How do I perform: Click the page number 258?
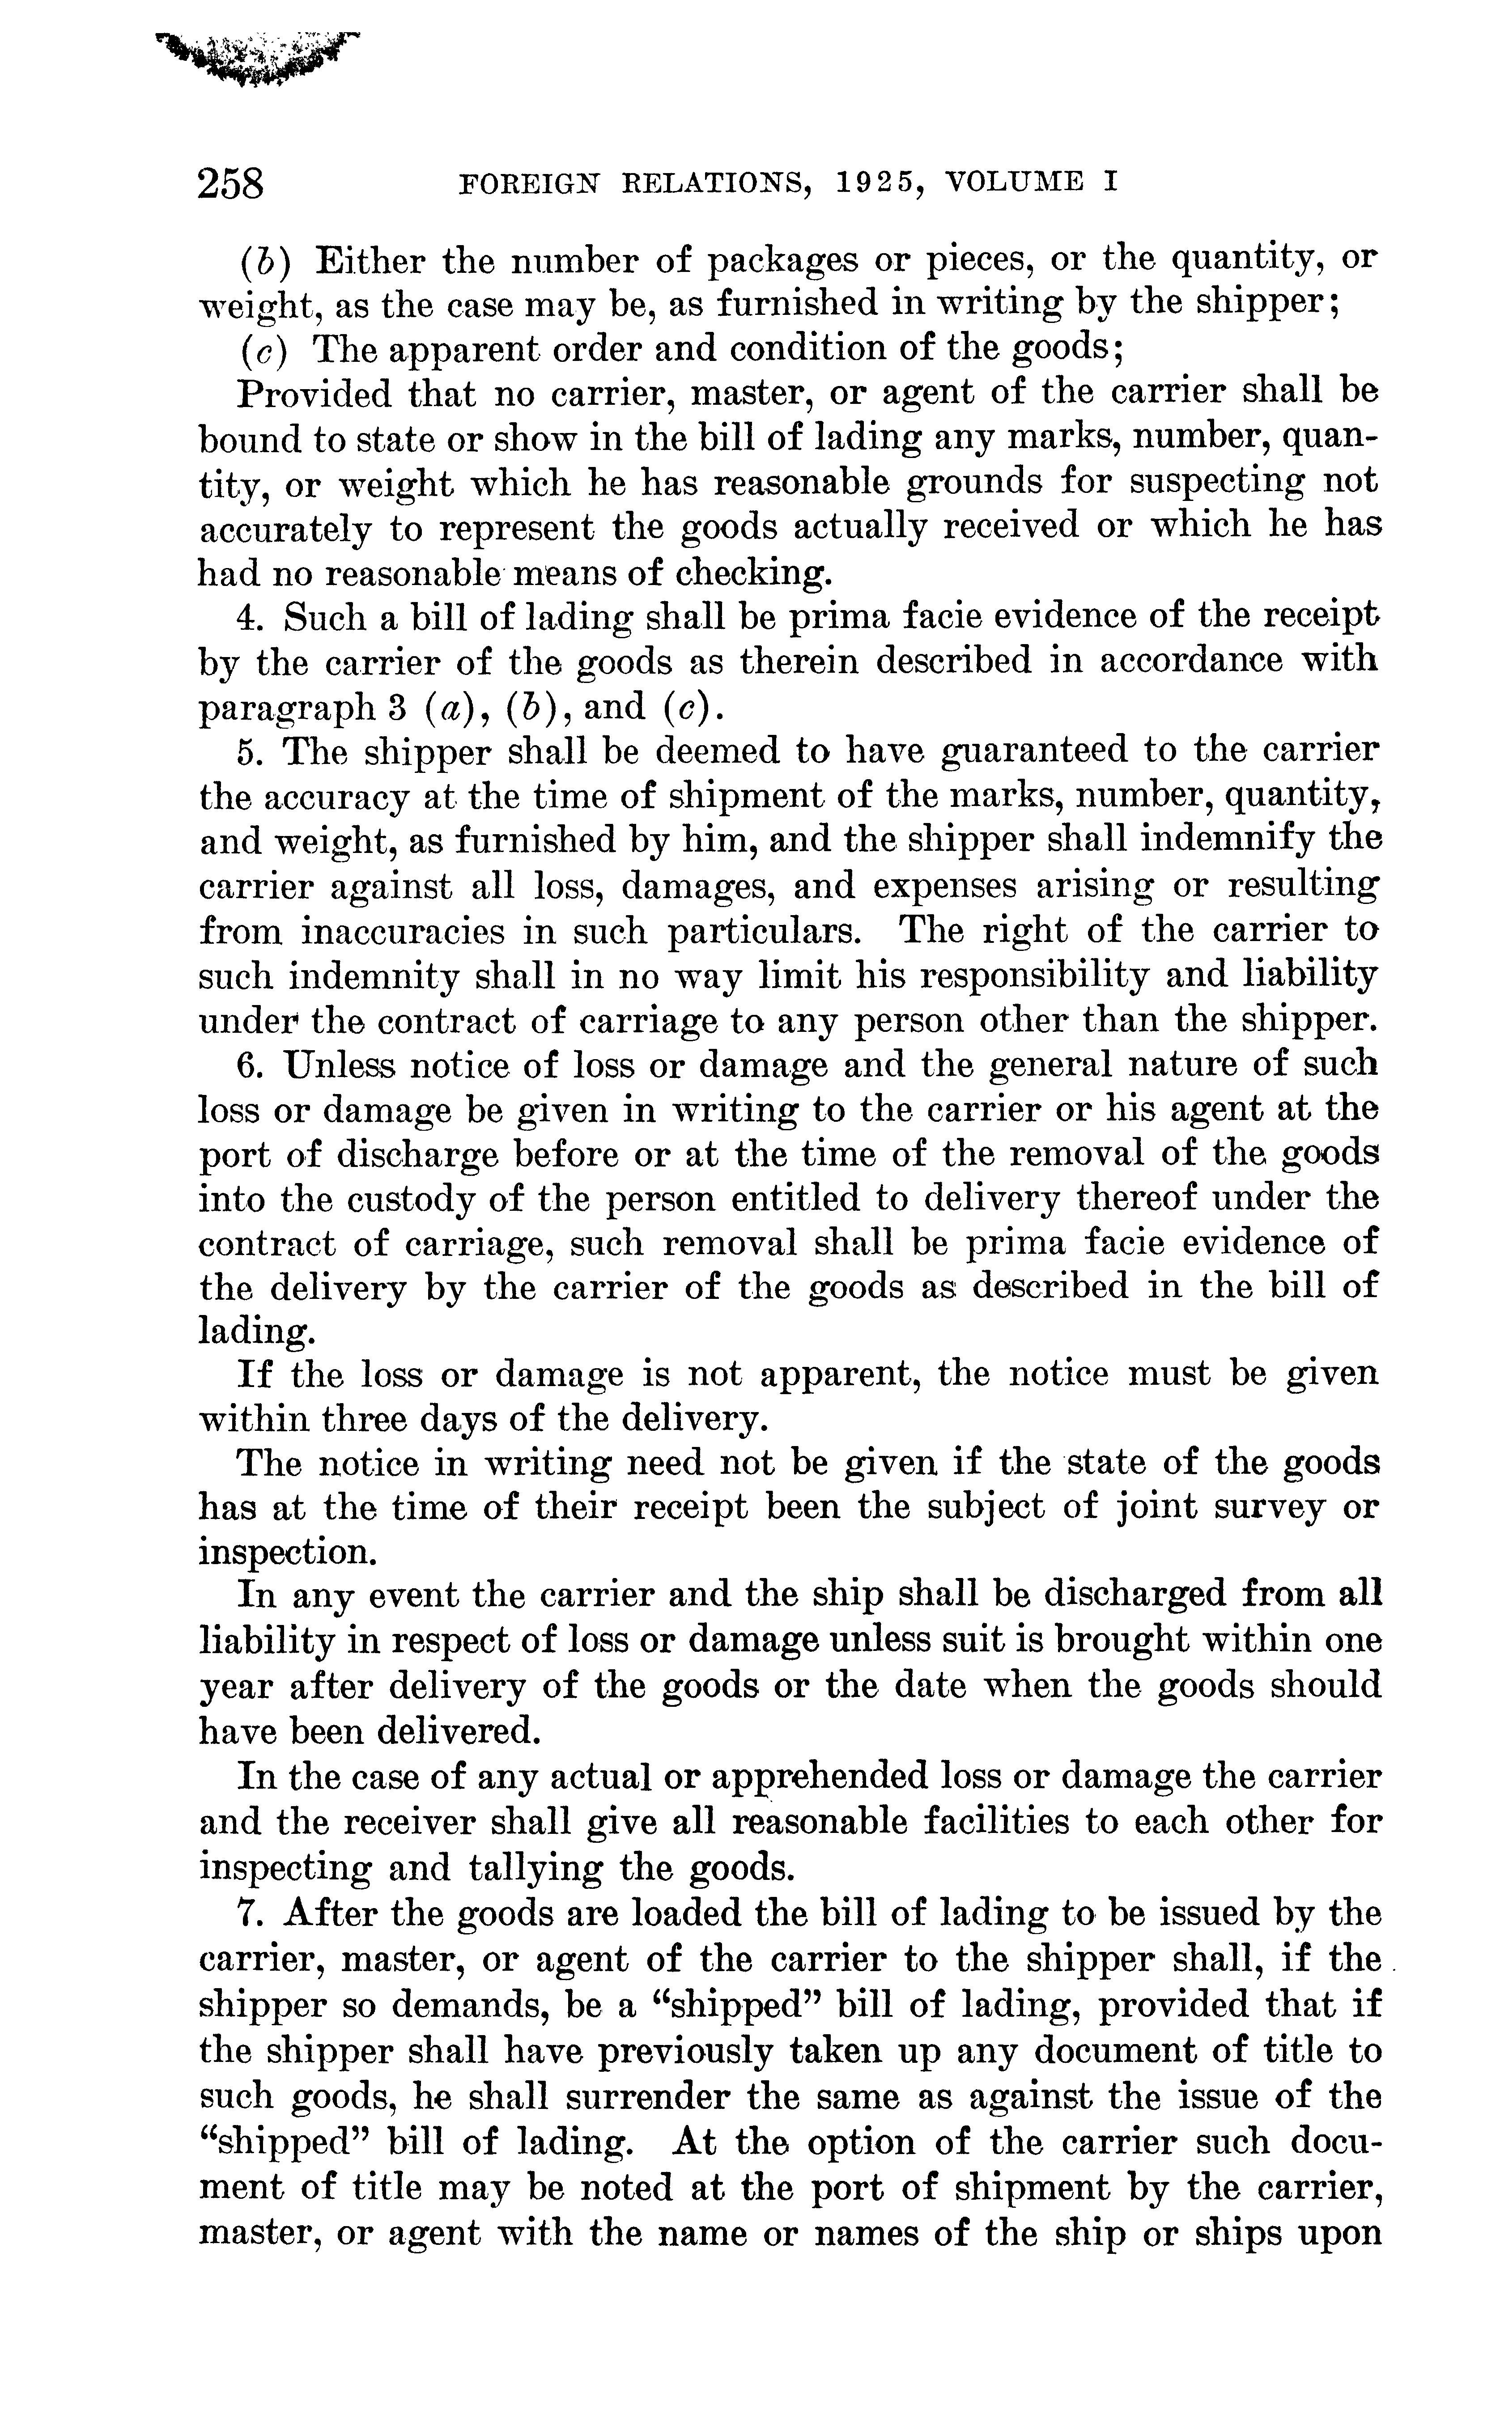click(232, 184)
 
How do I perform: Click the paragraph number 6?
click(247, 1064)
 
